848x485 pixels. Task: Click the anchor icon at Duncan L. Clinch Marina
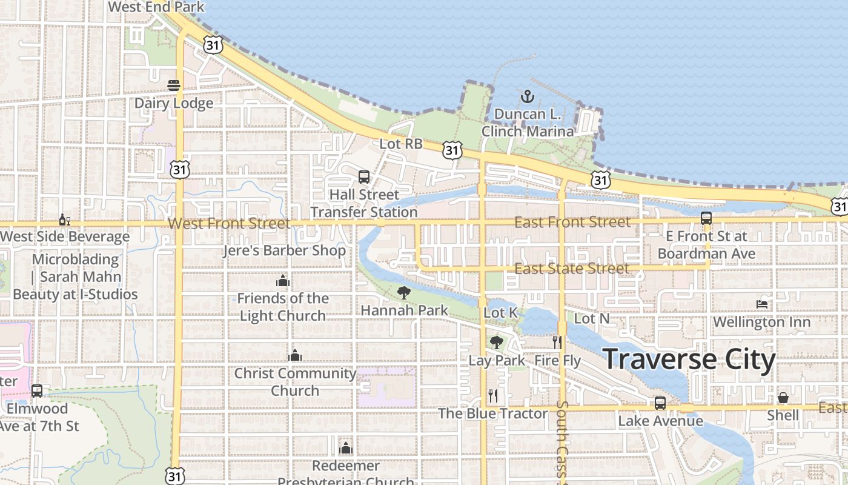point(527,96)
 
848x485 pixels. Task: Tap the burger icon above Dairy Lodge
point(174,85)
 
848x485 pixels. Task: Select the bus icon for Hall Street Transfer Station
point(363,177)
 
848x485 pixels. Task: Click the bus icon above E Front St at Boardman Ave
point(706,218)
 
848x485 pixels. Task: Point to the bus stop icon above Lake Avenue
point(660,403)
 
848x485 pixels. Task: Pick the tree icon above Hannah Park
point(404,293)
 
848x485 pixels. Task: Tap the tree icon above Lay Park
point(497,343)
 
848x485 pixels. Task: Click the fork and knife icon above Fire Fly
point(557,343)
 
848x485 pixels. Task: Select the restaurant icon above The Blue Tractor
point(493,396)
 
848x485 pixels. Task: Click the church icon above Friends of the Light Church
point(283,281)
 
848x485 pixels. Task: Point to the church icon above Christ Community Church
point(295,355)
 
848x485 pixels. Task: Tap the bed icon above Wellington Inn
point(762,304)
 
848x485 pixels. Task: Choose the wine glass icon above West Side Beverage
point(64,219)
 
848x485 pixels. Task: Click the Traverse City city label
point(689,360)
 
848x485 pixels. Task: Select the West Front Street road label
point(229,223)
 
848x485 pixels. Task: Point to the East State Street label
point(572,269)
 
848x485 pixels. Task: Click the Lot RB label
point(401,144)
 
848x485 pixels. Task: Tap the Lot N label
point(591,318)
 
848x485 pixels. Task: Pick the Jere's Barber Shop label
point(285,250)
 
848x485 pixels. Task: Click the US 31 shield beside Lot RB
point(452,150)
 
